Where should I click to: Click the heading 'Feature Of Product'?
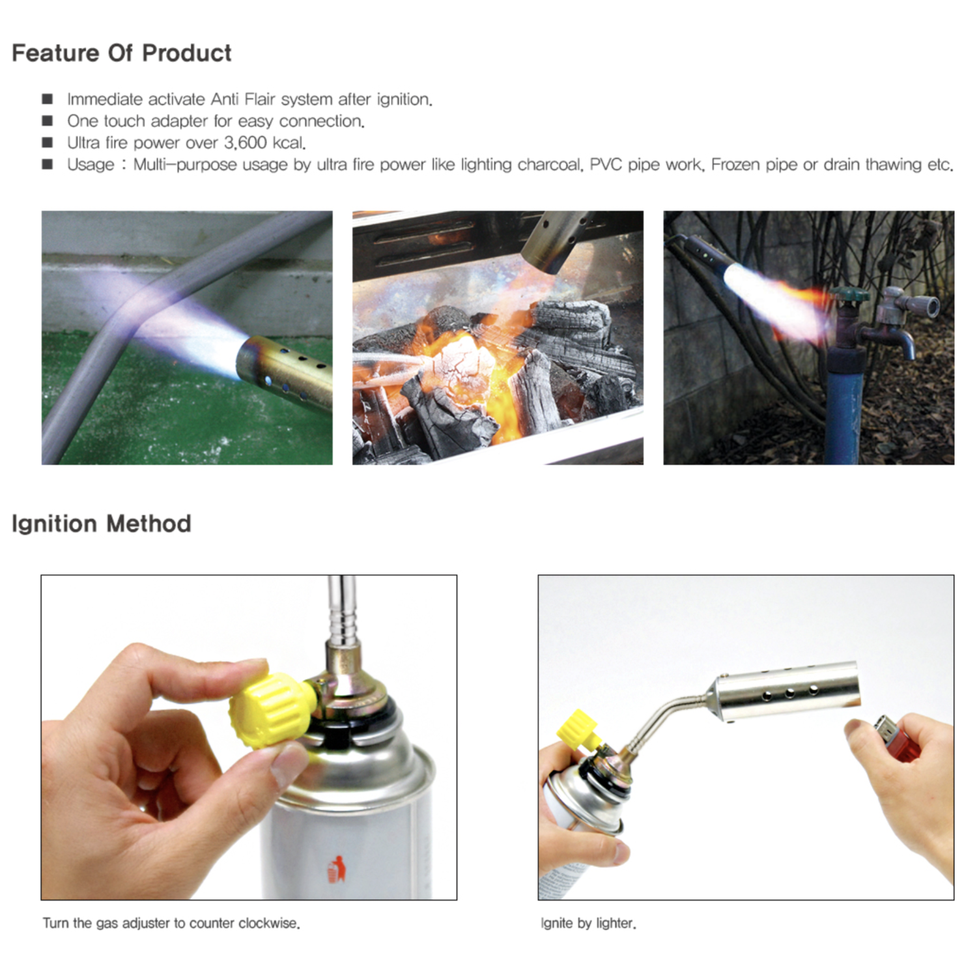121,53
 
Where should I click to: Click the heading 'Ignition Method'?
101,524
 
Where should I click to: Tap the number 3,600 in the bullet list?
246,143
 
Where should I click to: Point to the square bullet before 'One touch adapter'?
48,121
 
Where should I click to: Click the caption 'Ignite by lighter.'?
588,923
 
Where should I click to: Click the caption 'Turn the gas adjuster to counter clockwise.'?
171,923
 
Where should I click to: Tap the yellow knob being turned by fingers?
267,711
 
